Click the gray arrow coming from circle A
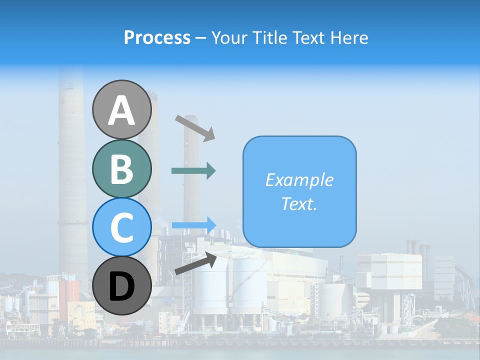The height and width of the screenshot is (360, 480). pos(195,128)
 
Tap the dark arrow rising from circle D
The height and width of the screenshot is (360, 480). pos(195,263)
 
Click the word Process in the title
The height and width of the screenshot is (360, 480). pos(157,38)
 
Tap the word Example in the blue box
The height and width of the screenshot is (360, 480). pos(299,180)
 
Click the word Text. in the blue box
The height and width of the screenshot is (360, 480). pos(299,203)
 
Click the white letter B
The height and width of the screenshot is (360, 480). pos(121,169)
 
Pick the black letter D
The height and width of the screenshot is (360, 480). pos(121,286)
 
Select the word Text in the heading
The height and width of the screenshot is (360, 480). pos(306,38)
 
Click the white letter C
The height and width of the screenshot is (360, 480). pos(121,227)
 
